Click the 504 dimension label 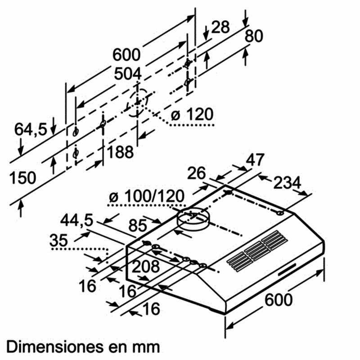[x=128, y=74]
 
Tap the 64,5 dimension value [x=31, y=129]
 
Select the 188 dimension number [x=120, y=152]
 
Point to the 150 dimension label [x=23, y=177]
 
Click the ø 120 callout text [x=192, y=114]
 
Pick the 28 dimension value [x=220, y=27]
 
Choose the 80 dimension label [x=253, y=36]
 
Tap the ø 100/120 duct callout [x=147, y=196]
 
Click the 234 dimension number [x=287, y=183]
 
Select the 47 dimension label [x=255, y=160]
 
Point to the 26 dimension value [x=196, y=173]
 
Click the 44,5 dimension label [x=76, y=220]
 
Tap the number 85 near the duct [x=138, y=225]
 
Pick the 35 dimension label [x=59, y=240]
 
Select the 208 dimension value [x=145, y=266]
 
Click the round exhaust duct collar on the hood [x=193, y=219]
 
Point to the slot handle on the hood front [x=287, y=270]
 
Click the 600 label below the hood [x=279, y=300]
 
